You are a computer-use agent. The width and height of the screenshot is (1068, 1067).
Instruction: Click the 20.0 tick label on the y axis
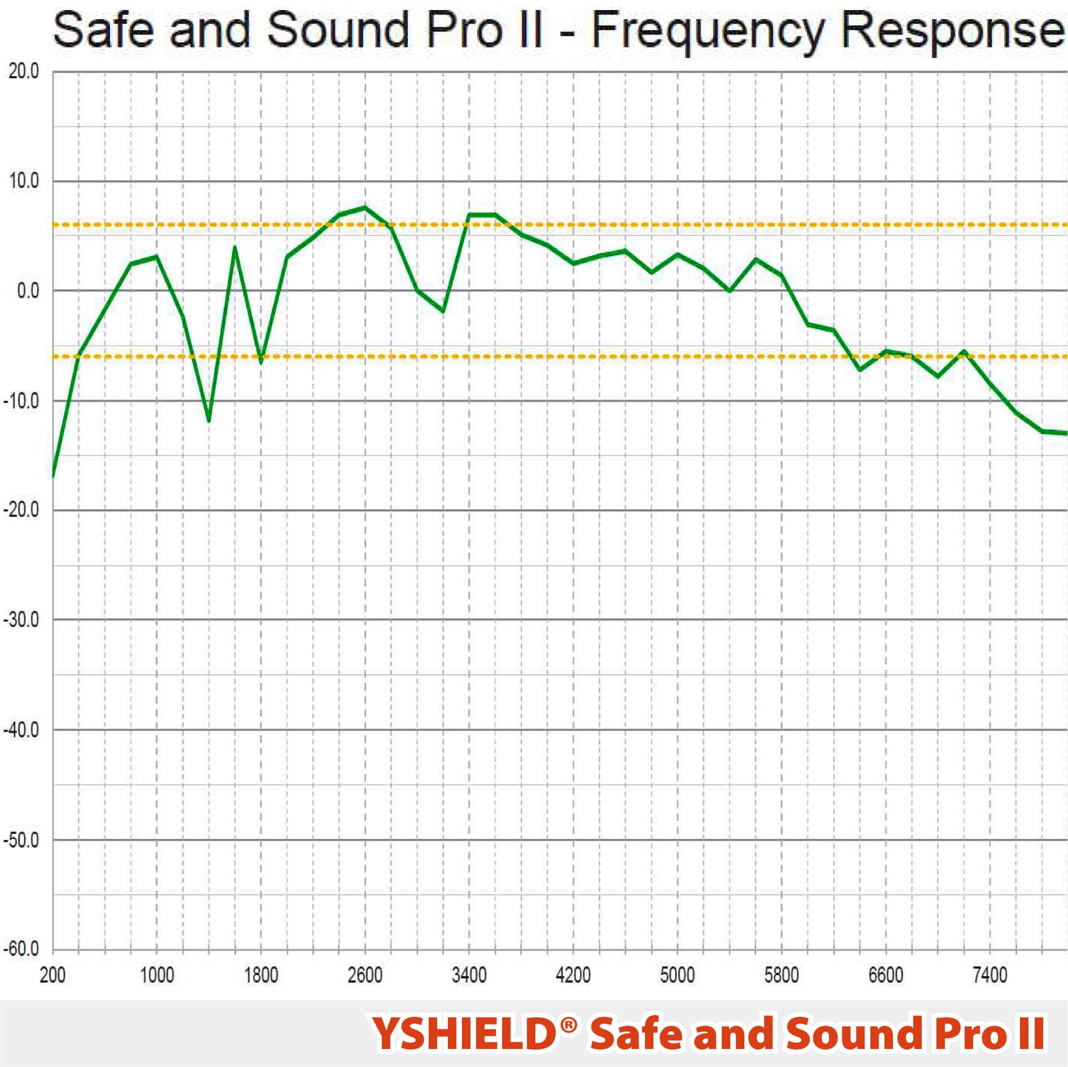click(23, 71)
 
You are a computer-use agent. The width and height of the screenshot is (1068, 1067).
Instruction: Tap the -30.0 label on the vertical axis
click(21, 620)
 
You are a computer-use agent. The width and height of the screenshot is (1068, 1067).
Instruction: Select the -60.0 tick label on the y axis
click(21, 949)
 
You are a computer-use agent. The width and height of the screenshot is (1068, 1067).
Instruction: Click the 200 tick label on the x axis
click(52, 976)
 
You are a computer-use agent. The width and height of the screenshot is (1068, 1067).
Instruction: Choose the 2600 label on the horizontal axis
click(365, 976)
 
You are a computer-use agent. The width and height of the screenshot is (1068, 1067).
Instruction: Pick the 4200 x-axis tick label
click(573, 976)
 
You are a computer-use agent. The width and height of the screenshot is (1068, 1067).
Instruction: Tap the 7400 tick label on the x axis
click(990, 976)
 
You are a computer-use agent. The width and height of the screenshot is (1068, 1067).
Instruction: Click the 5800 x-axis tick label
click(782, 976)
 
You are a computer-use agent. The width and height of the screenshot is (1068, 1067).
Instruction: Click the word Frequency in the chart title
click(708, 32)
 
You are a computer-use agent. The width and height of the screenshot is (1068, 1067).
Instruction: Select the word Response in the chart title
click(951, 32)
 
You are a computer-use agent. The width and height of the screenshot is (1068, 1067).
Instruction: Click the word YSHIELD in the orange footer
click(464, 1034)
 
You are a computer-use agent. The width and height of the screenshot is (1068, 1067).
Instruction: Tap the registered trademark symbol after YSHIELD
click(569, 1025)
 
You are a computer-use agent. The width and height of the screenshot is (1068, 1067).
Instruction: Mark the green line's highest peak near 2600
click(365, 208)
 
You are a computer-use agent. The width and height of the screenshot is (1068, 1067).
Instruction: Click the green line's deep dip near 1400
click(209, 420)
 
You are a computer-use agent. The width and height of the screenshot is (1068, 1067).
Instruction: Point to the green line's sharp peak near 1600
click(235, 248)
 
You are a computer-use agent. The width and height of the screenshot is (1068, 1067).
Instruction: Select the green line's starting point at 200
click(53, 475)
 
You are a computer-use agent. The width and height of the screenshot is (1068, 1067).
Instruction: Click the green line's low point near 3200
click(443, 311)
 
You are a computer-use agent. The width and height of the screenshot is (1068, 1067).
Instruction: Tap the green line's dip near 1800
click(261, 362)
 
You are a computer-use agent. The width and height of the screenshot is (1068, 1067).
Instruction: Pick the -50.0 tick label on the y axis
click(21, 839)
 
